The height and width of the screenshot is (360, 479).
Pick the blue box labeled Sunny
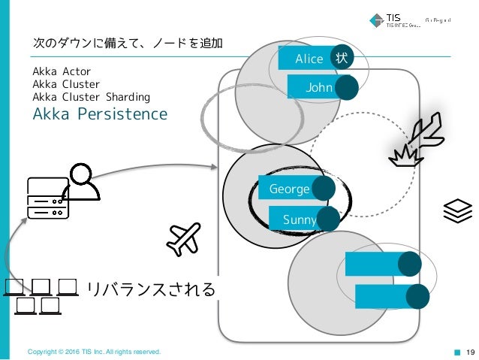(x=296, y=219)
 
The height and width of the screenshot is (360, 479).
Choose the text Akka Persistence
(x=100, y=114)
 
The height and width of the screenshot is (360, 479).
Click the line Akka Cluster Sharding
(x=92, y=97)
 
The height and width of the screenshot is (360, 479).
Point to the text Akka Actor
(x=62, y=72)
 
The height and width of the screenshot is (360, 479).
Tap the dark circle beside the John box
(x=346, y=89)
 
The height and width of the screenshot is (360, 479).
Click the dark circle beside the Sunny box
(x=328, y=219)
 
